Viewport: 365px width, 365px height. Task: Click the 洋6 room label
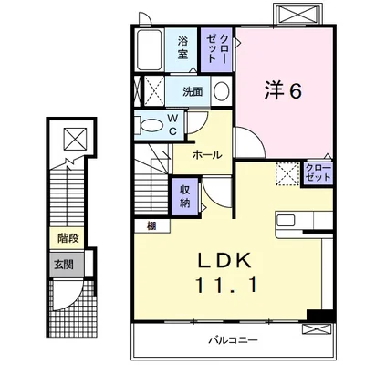click(283, 91)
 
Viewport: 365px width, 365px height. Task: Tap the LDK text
click(224, 260)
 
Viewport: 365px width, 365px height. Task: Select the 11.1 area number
click(226, 285)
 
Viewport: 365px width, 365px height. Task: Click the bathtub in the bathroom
click(149, 50)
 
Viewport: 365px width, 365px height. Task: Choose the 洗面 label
click(193, 91)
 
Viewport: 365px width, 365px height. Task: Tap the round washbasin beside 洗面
click(222, 90)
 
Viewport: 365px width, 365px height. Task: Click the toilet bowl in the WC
click(151, 125)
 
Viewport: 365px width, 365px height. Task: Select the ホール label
click(207, 155)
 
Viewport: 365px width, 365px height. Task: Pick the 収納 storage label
click(184, 196)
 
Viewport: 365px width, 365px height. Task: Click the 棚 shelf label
click(151, 226)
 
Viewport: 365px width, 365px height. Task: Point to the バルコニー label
click(234, 339)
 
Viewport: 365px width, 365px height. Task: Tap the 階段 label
click(68, 238)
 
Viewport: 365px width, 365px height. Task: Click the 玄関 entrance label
click(64, 265)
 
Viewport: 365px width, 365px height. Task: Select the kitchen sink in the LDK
click(286, 220)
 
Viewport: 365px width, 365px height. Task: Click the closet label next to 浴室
click(216, 49)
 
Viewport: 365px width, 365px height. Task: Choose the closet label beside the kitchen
click(318, 173)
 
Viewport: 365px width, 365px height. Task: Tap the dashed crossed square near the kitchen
click(287, 173)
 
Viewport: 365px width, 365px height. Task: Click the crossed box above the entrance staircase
click(76, 140)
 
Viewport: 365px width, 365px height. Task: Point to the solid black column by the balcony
click(321, 315)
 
